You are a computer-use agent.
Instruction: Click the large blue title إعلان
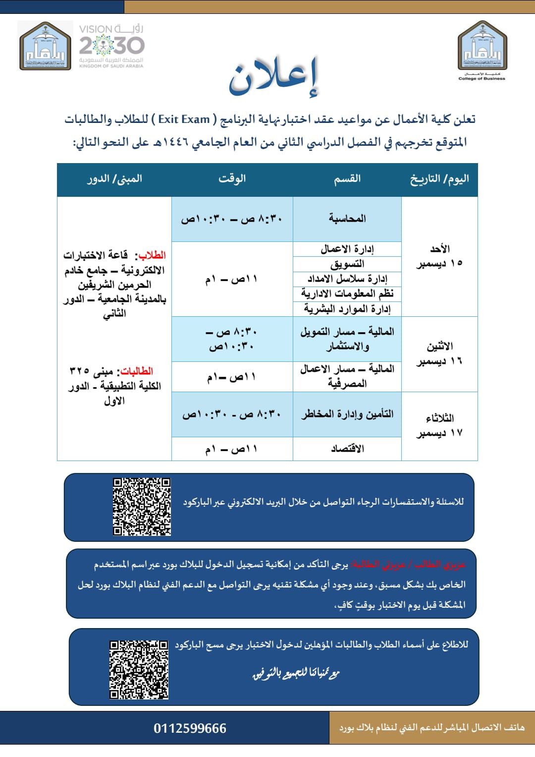(x=274, y=77)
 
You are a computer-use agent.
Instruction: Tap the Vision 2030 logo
(x=111, y=46)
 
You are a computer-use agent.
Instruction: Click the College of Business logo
(x=481, y=50)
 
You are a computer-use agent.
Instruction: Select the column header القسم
(x=347, y=179)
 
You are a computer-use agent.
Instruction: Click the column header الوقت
(x=232, y=179)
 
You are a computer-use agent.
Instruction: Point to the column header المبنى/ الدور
(x=114, y=179)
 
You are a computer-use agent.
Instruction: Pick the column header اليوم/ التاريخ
(x=439, y=179)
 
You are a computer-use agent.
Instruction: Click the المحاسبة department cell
(x=347, y=219)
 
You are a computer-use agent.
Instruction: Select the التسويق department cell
(x=347, y=264)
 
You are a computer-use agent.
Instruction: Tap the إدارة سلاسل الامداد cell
(x=347, y=279)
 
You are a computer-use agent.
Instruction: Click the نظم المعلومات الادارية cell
(x=347, y=294)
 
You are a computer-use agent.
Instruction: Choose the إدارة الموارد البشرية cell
(x=347, y=309)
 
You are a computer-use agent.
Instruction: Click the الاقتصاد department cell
(x=347, y=449)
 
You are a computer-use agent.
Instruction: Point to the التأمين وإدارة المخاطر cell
(x=347, y=414)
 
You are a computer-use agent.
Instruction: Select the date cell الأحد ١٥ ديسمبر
(x=439, y=256)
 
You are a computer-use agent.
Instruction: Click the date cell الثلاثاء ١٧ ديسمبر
(x=439, y=425)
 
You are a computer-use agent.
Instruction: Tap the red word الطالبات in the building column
(x=137, y=371)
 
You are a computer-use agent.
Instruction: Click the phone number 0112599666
(x=190, y=728)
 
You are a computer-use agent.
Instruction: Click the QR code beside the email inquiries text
(x=142, y=507)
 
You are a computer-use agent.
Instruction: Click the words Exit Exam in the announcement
(x=184, y=119)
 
